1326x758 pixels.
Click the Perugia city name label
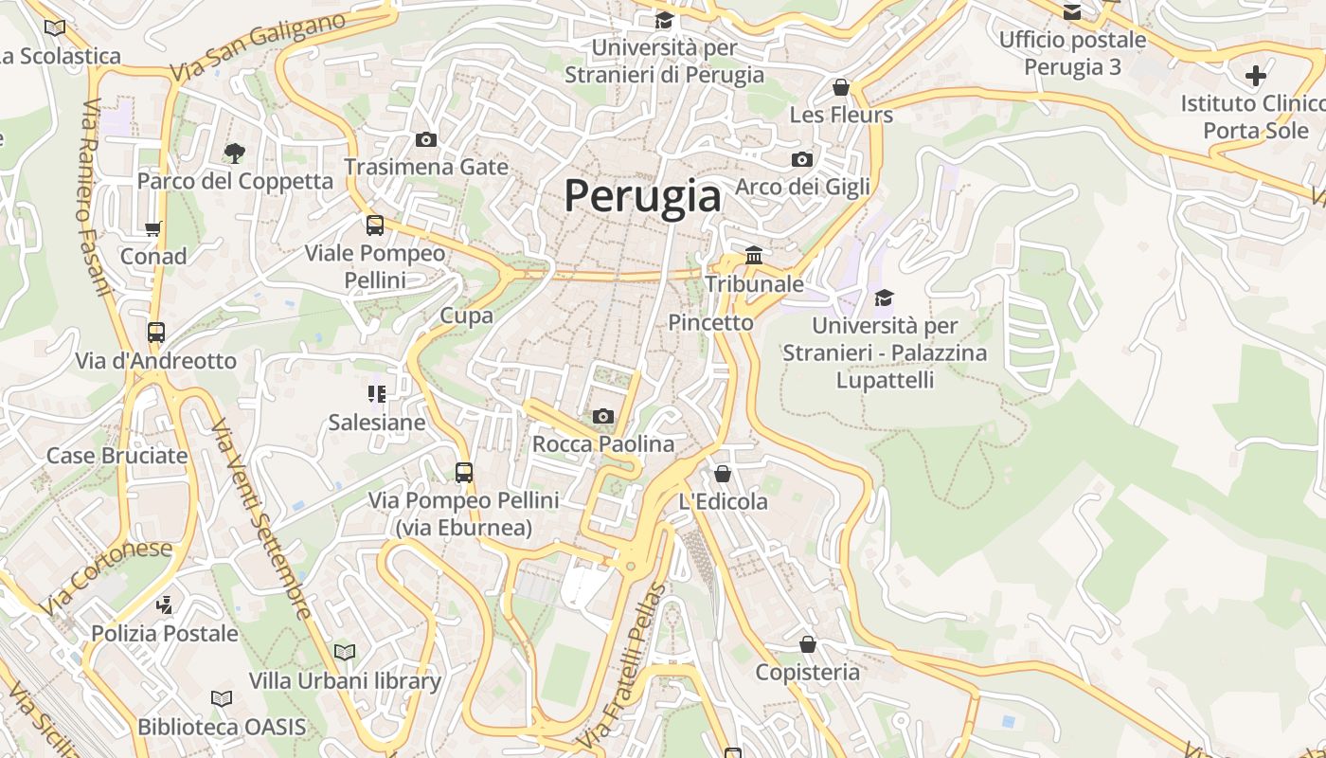tap(642, 196)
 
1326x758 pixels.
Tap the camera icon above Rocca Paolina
tap(603, 416)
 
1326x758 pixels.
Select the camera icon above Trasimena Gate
tap(426, 139)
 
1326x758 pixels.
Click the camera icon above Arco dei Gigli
tap(802, 159)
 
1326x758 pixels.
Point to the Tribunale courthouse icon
tap(755, 255)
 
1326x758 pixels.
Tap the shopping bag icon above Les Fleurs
tap(840, 87)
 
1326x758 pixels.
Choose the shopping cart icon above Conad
tap(152, 228)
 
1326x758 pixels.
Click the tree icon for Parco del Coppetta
tap(234, 152)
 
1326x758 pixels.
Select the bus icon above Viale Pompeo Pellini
tap(375, 226)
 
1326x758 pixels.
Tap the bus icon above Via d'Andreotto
tap(156, 333)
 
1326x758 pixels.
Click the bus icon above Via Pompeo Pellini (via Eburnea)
tap(463, 472)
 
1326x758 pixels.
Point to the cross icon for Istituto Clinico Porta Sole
tap(1256, 75)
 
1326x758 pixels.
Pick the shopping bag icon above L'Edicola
tap(723, 473)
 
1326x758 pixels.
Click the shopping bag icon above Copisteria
tap(807, 644)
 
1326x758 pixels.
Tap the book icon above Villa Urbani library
tap(345, 652)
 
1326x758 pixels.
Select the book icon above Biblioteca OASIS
tap(222, 698)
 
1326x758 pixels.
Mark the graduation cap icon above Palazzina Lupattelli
tap(884, 298)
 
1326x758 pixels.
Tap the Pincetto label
tap(710, 322)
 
